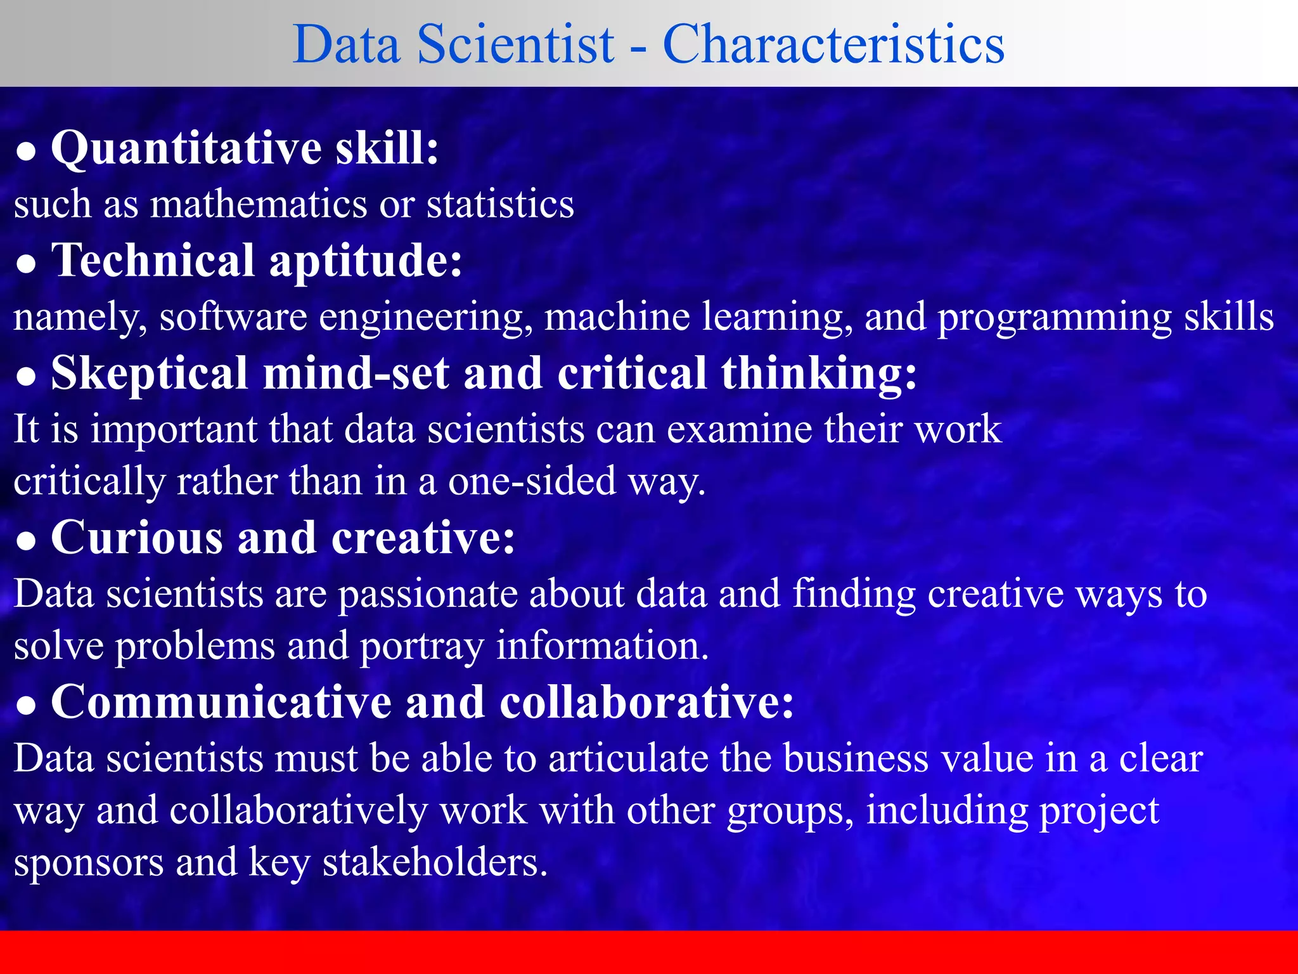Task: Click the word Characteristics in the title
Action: pyautogui.click(x=833, y=44)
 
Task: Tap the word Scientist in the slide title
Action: pyautogui.click(x=515, y=44)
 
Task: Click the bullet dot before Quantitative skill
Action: pyautogui.click(x=26, y=152)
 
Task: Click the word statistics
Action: pyautogui.click(x=500, y=204)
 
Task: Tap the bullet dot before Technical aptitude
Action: pyautogui.click(x=26, y=264)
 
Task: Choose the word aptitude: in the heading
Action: pyautogui.click(x=366, y=262)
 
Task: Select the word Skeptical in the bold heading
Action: pyautogui.click(x=150, y=374)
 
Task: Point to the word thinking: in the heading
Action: pyautogui.click(x=818, y=374)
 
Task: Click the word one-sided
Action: pyautogui.click(x=532, y=481)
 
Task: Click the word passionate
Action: pyautogui.click(x=427, y=595)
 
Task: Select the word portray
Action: pyautogui.click(x=422, y=647)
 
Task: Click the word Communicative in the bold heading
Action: pyautogui.click(x=221, y=703)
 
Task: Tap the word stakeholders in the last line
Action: pyautogui.click(x=435, y=862)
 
